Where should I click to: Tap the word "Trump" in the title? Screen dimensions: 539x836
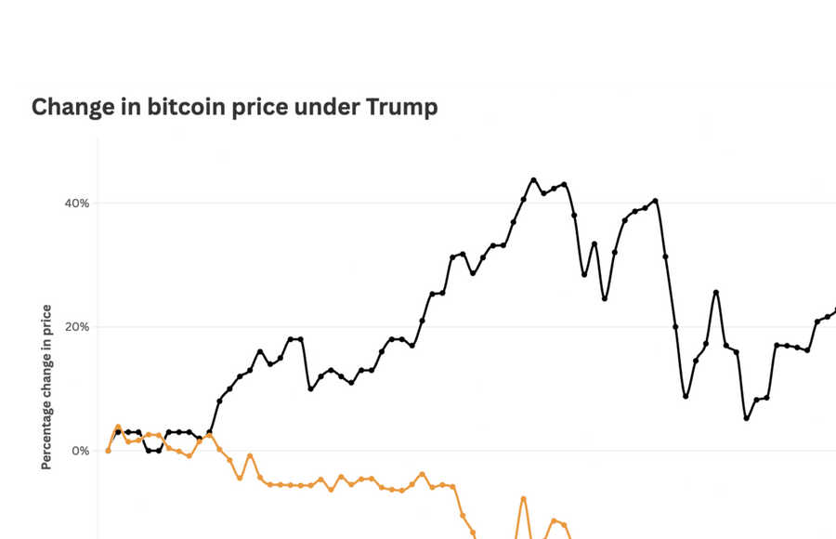pyautogui.click(x=401, y=108)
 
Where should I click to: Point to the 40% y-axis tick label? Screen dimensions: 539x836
pyautogui.click(x=75, y=204)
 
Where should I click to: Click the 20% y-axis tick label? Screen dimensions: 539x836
pyautogui.click(x=75, y=327)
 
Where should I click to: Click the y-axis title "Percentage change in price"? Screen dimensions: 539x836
pyautogui.click(x=46, y=387)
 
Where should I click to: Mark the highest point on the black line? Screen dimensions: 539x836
pyautogui.click(x=533, y=180)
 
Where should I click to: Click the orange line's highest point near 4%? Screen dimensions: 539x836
pyautogui.click(x=118, y=427)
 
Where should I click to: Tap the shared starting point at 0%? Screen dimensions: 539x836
pyautogui.click(x=108, y=451)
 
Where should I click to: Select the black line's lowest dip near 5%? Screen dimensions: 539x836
pyautogui.click(x=746, y=418)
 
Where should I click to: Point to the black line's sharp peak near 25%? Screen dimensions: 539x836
pyautogui.click(x=716, y=292)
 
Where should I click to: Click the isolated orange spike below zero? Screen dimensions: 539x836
pyautogui.click(x=523, y=499)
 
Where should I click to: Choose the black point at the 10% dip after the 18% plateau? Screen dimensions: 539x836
pyautogui.click(x=310, y=388)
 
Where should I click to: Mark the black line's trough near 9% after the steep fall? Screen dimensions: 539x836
pyautogui.click(x=686, y=396)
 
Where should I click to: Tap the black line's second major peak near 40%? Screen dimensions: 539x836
pyautogui.click(x=655, y=201)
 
